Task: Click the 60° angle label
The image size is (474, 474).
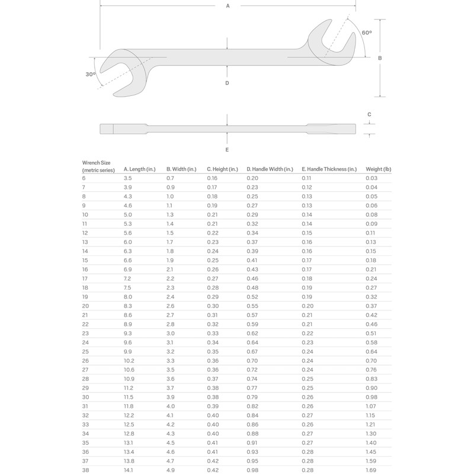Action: coord(367,32)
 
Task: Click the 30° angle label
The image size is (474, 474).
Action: coord(90,74)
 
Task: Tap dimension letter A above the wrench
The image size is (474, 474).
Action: coord(228,5)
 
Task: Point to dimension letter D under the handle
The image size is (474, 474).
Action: coord(227,83)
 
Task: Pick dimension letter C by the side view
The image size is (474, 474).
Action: coord(369,114)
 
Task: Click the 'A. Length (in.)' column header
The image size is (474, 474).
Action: coord(139,169)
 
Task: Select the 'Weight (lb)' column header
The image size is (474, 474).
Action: coord(379,169)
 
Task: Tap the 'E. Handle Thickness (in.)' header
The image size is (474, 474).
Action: coord(329,169)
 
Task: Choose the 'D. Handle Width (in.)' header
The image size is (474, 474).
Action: coord(270,169)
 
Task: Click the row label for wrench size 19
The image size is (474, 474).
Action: coord(85,296)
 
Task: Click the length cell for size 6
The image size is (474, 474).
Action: coord(127,178)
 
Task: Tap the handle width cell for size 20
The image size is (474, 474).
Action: coord(252,305)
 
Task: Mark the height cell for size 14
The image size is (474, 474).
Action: coord(212,251)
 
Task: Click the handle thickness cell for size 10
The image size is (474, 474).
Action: coord(307,214)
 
